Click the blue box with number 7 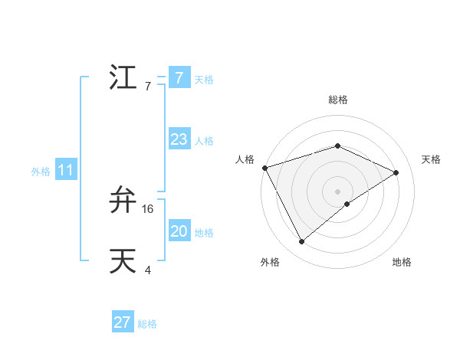179,77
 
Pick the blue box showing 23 179,139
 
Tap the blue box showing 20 179,231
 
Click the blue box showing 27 123,322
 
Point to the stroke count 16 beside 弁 149,208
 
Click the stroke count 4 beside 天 148,270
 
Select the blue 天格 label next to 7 204,79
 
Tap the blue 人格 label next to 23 204,141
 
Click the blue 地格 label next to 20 204,233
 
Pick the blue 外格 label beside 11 41,172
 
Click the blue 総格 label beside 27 147,324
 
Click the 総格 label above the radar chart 337,100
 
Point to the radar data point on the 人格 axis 264,168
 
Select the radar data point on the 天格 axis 396,172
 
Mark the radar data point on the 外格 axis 302,242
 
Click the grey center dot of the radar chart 337,191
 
